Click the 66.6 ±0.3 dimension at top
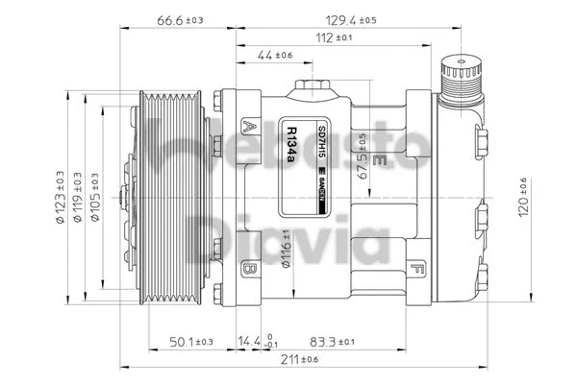point(179,19)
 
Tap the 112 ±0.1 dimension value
point(332,37)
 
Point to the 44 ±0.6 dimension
point(274,56)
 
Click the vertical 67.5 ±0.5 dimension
point(361,156)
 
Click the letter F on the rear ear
point(415,267)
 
